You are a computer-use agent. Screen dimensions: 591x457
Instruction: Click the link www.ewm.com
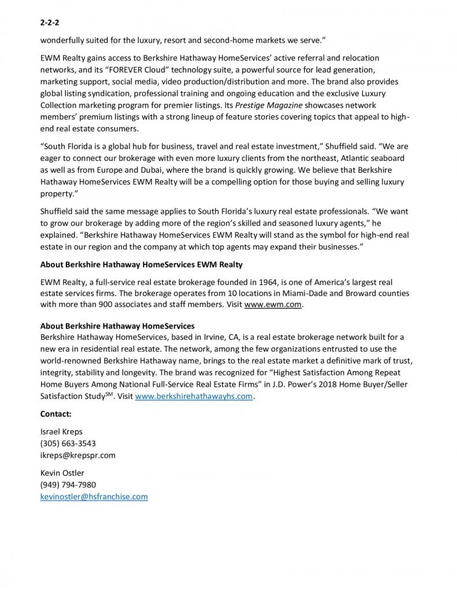coord(273,304)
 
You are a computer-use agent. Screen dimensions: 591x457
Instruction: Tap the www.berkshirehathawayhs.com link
coord(194,397)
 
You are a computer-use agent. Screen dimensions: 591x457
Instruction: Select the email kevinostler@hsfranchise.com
coord(94,496)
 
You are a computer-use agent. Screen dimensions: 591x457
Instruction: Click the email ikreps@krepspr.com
coord(77,455)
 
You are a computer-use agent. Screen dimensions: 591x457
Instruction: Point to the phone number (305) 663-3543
coord(68,443)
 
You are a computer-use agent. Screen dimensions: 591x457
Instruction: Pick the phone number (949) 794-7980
coord(68,485)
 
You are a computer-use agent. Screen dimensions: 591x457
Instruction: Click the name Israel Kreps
coord(61,432)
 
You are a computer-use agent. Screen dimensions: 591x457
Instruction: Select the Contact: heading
coord(56,414)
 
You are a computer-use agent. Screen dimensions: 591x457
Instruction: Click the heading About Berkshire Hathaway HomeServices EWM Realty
coord(141,264)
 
